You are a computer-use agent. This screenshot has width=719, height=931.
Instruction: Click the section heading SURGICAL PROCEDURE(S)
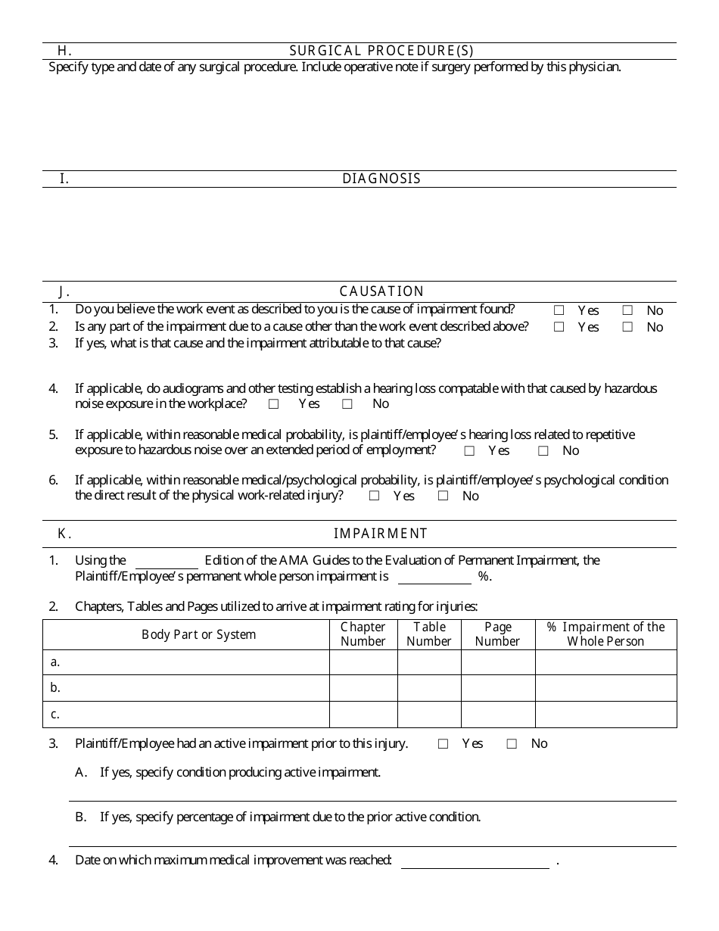pyautogui.click(x=381, y=51)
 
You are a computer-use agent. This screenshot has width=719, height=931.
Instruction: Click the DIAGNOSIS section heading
pyautogui.click(x=381, y=179)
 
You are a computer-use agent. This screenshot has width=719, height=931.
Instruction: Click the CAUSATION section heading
pyautogui.click(x=381, y=291)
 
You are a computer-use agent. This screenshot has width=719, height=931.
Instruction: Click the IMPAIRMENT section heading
pyautogui.click(x=381, y=534)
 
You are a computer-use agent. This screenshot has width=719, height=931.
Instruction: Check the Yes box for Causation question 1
pyautogui.click(x=559, y=310)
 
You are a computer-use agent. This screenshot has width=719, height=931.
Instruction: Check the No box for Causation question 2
pyautogui.click(x=627, y=327)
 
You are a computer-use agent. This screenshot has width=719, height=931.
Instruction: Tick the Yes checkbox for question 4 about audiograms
pyautogui.click(x=274, y=404)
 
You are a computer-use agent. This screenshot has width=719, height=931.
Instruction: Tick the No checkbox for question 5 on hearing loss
pyautogui.click(x=543, y=451)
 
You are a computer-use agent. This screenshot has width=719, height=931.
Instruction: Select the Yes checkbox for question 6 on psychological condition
pyautogui.click(x=374, y=497)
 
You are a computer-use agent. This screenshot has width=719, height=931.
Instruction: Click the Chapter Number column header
pyautogui.click(x=363, y=634)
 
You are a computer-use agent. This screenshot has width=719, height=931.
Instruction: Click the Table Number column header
pyautogui.click(x=429, y=634)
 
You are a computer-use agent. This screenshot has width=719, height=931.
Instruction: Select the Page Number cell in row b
pyautogui.click(x=498, y=688)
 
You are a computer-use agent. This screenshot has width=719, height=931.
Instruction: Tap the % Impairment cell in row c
pyautogui.click(x=605, y=714)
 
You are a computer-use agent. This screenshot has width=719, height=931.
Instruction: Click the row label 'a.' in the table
pyautogui.click(x=55, y=662)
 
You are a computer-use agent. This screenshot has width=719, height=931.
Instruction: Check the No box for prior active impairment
pyautogui.click(x=512, y=744)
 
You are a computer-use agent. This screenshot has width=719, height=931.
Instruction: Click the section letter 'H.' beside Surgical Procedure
pyautogui.click(x=64, y=51)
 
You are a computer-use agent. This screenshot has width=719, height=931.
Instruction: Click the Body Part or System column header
pyautogui.click(x=199, y=634)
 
